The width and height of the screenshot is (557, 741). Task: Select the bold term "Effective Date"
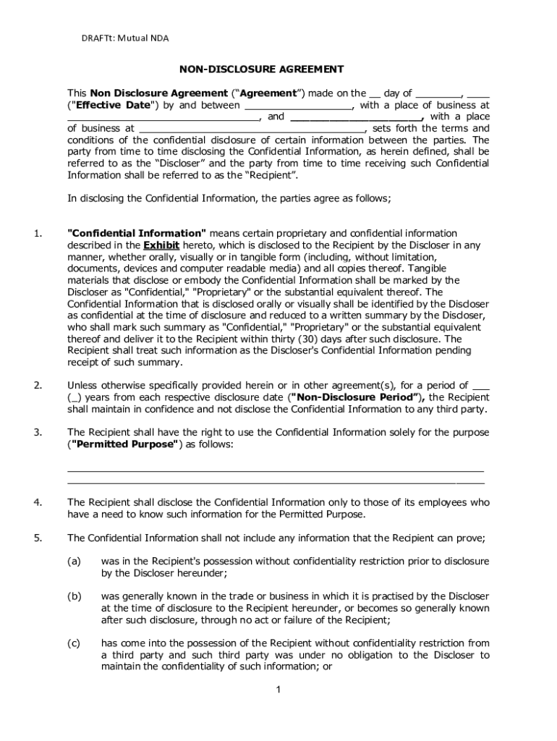point(111,105)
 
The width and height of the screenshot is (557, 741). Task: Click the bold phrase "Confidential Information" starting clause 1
point(137,233)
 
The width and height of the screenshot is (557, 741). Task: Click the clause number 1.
point(38,233)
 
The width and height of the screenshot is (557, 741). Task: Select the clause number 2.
point(38,385)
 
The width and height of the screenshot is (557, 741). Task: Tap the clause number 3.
point(38,432)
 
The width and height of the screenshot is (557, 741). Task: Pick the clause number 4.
point(38,502)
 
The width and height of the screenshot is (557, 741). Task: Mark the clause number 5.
point(38,538)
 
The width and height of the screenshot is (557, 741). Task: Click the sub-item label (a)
point(74,561)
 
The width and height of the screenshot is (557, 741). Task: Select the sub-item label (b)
point(74,596)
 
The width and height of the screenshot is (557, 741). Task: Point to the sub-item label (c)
point(74,643)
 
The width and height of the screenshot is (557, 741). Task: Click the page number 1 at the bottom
point(278,690)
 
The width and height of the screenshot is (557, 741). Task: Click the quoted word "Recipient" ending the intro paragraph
point(271,175)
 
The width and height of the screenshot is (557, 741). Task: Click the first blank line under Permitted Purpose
point(275,470)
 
